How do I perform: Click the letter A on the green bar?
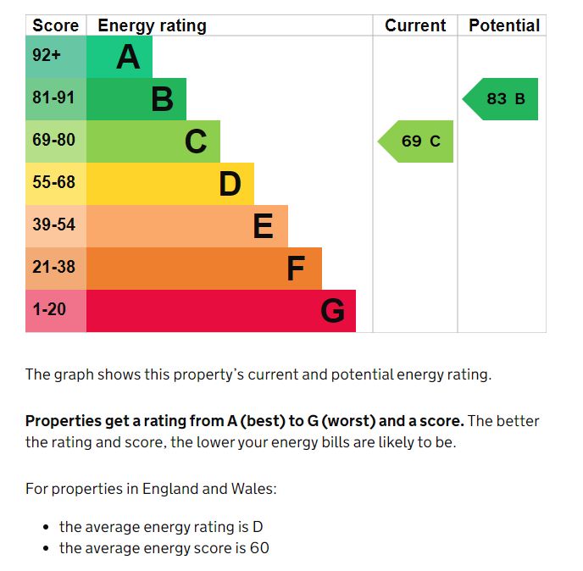click(x=128, y=58)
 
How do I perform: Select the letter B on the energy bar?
click(x=162, y=100)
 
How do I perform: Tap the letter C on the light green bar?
click(x=196, y=142)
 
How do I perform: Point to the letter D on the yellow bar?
click(x=230, y=184)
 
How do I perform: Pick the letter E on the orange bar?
click(x=264, y=226)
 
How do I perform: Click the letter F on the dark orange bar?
click(x=296, y=269)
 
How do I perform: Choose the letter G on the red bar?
click(x=332, y=312)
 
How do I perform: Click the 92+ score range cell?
click(x=47, y=57)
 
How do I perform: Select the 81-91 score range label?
click(x=54, y=98)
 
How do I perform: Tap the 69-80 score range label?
click(x=54, y=141)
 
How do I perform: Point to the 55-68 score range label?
click(x=54, y=183)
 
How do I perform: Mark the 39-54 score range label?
click(x=54, y=225)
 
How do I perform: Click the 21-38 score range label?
click(x=54, y=268)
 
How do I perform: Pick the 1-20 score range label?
click(x=49, y=310)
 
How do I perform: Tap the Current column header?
click(x=415, y=25)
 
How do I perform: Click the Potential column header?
click(x=504, y=25)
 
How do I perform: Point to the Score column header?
click(x=55, y=25)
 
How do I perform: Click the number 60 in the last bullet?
click(x=258, y=548)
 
